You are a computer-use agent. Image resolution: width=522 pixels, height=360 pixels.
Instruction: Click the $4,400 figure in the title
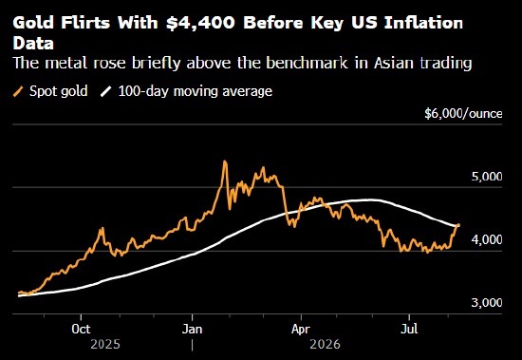coord(200,24)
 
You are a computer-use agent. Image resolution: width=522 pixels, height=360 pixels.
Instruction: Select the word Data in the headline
coord(33,44)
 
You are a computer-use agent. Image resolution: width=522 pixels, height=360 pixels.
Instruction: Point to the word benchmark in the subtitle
coord(307,63)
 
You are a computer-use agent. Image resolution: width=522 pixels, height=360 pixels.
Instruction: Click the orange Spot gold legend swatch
coord(19,91)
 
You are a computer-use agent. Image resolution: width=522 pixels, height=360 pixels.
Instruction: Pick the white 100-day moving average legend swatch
coord(106,91)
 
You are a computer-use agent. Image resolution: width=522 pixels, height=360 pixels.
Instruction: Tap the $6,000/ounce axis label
coord(463,114)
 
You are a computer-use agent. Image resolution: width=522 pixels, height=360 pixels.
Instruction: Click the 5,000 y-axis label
coord(487,177)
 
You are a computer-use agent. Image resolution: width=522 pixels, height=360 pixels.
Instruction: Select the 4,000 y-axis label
coord(487,239)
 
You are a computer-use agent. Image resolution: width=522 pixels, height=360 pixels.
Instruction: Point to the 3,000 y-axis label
coord(487,302)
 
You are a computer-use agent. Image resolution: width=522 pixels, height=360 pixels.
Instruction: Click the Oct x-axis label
coord(81,330)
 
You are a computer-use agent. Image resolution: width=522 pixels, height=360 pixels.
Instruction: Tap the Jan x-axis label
coord(192,330)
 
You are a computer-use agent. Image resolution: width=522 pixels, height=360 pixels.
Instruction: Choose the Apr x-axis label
coord(301,330)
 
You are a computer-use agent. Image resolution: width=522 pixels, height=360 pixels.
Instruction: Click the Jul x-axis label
coord(409,330)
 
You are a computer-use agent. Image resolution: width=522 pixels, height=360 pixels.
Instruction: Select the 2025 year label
coord(105,344)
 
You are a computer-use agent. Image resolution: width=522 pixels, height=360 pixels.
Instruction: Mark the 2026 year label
coord(325,344)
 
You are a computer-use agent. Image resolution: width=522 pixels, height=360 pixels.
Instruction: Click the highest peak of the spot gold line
coord(225,161)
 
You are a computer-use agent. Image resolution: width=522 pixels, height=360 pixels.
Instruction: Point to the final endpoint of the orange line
coord(458,225)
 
